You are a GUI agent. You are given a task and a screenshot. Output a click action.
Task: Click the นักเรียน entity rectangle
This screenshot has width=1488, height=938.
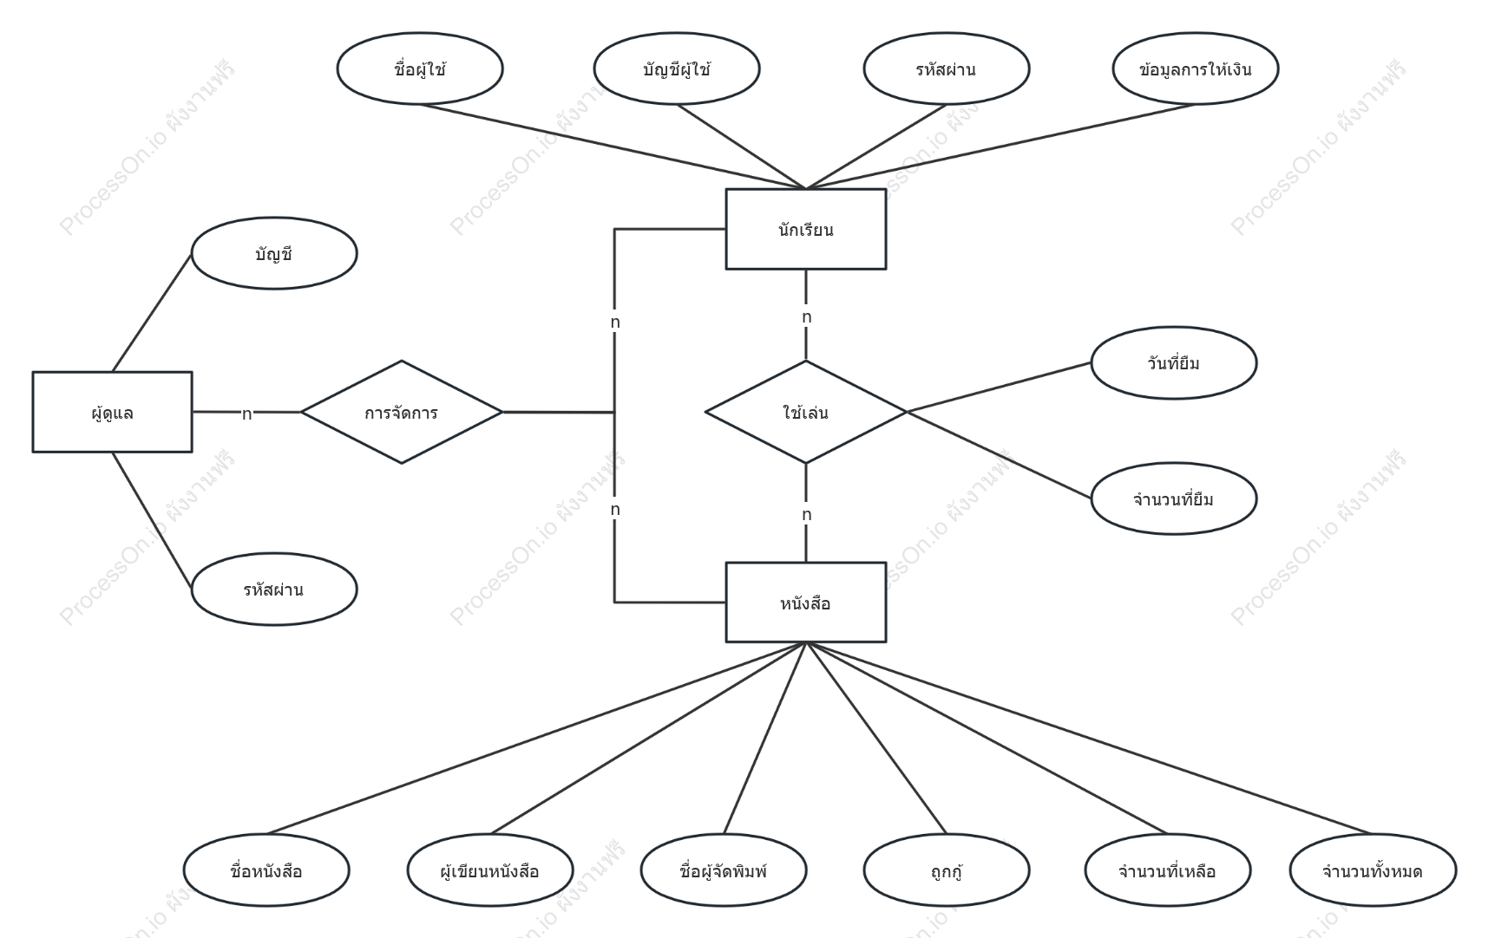[806, 229]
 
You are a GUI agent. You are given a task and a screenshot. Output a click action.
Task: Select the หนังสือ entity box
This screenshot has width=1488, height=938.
[806, 603]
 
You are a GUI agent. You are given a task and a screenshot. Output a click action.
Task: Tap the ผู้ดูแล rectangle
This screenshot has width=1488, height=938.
[112, 412]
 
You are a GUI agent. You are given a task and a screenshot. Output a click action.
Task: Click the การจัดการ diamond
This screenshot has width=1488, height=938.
[402, 412]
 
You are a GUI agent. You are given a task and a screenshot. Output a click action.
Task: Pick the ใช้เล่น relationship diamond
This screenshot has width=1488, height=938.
[806, 412]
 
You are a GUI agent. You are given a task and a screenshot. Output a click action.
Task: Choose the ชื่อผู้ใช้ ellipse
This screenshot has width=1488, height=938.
[420, 68]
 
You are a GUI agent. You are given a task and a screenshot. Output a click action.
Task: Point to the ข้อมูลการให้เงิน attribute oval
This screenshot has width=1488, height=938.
[1196, 68]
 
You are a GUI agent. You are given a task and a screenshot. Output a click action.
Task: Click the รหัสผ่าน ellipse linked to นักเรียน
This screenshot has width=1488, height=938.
[947, 68]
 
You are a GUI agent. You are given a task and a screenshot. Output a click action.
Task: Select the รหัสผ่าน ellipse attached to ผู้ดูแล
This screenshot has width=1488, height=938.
[274, 590]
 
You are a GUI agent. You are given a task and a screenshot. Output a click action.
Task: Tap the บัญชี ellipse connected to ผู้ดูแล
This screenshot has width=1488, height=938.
[274, 253]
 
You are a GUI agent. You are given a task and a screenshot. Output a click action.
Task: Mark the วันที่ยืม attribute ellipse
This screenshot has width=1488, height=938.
[1174, 362]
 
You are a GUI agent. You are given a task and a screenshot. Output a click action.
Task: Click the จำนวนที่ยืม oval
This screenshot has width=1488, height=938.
[1174, 498]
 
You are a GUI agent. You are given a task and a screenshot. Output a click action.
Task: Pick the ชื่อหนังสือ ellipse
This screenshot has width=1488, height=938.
[266, 870]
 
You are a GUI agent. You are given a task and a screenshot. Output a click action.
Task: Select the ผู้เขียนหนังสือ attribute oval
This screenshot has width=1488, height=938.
[490, 870]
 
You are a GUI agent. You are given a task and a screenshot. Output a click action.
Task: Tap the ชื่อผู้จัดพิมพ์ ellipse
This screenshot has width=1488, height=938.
[724, 870]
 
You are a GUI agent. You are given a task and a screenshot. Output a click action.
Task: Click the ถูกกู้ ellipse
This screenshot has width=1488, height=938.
[947, 870]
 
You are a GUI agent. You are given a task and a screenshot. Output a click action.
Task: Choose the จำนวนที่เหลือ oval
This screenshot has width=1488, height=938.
[1168, 870]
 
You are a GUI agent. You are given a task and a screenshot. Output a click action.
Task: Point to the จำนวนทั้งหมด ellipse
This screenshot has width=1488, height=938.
[1373, 870]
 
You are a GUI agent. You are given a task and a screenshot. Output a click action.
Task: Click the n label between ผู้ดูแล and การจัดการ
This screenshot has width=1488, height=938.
[246, 414]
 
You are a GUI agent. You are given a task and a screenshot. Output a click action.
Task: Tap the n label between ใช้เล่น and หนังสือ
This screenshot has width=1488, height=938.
[807, 515]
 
